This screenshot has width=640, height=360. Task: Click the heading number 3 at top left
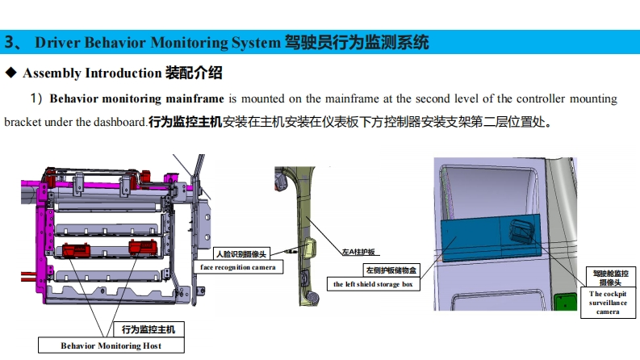pos(9,42)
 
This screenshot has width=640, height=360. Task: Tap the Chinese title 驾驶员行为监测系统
pos(357,42)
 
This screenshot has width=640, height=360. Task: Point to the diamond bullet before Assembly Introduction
pos(11,73)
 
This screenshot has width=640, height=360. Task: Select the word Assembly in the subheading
pos(52,73)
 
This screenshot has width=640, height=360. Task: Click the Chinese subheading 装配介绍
pos(194,73)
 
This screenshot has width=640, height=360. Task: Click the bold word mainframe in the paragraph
pos(196,99)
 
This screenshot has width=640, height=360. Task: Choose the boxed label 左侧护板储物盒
pos(391,270)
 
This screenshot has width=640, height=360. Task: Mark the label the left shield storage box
pos(377,284)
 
